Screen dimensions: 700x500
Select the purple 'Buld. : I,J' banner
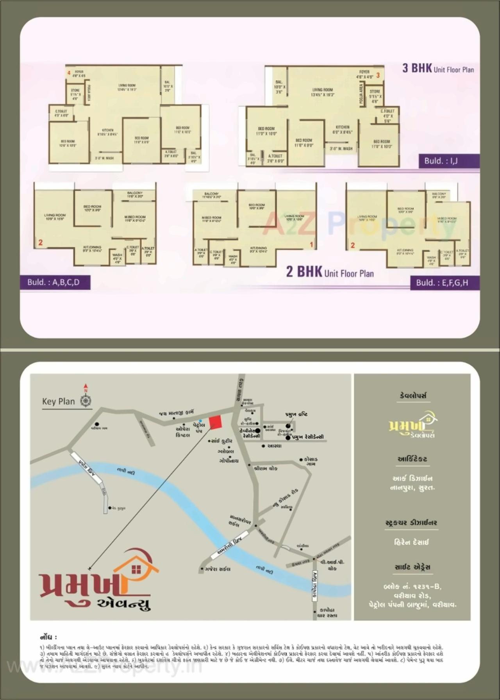coord(449,161)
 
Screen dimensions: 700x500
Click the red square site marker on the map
coord(216,422)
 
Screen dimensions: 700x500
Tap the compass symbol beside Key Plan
coord(86,401)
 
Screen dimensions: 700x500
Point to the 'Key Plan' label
coord(58,401)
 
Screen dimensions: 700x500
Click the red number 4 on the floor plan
coord(69,73)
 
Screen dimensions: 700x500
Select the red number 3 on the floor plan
coord(378,75)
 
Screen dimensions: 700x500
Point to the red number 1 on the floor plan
coord(311,245)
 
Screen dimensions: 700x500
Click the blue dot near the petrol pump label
coord(200,420)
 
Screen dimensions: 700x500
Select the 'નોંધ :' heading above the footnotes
coord(48,637)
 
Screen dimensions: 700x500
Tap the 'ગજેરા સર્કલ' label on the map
coord(217,569)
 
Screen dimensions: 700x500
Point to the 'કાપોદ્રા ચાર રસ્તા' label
coord(327,613)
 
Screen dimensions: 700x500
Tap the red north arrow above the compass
coord(86,388)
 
